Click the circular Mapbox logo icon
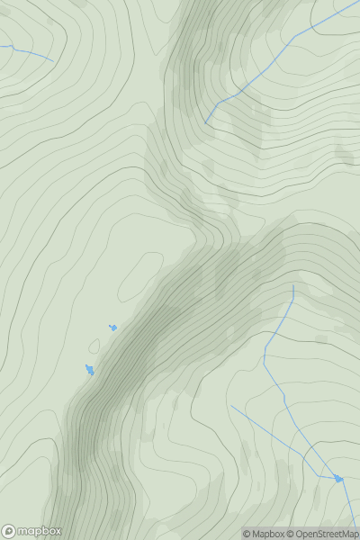click(x=9, y=531)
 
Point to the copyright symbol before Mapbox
click(x=247, y=534)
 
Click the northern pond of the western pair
click(x=112, y=328)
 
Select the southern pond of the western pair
click(x=89, y=369)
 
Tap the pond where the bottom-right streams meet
click(x=338, y=478)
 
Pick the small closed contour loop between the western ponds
click(x=94, y=346)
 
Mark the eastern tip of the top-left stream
click(x=52, y=61)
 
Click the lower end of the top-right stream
click(x=206, y=123)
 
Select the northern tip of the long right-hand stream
click(x=293, y=287)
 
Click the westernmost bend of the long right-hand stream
click(x=265, y=356)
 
